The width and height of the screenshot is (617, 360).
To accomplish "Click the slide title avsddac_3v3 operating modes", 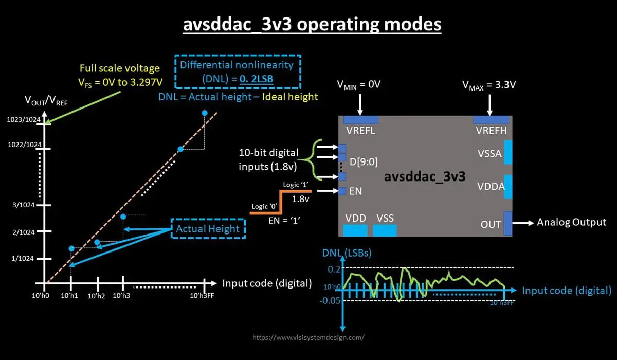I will tap(312, 24).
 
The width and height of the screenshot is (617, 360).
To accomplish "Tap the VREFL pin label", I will tap(360, 131).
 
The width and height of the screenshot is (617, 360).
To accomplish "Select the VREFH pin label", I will tap(491, 131).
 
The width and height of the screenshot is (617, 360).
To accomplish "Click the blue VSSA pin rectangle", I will tap(508, 152).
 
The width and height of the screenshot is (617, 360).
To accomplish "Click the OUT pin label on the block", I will tap(491, 224).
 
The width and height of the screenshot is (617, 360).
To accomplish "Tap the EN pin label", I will tap(356, 191).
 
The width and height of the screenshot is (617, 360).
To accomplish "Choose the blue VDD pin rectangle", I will tap(355, 230).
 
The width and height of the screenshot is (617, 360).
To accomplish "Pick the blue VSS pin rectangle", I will tap(385, 230).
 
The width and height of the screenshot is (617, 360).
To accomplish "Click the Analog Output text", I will tap(571, 222).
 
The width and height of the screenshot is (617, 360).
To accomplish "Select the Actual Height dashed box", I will tap(208, 229).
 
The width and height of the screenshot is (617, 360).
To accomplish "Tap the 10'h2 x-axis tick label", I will tap(96, 296).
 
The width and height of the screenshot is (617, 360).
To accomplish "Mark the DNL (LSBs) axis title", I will tap(347, 253).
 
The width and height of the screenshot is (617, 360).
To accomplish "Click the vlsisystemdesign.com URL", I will tap(309, 338).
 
